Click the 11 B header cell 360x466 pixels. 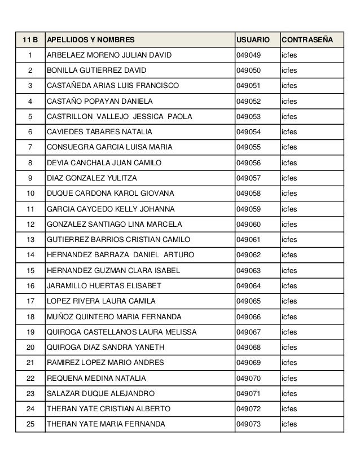tap(30, 41)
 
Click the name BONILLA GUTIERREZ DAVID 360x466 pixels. tap(96, 71)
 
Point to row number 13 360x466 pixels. tap(30, 239)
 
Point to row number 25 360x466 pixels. tap(30, 424)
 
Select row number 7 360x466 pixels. tap(30, 147)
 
